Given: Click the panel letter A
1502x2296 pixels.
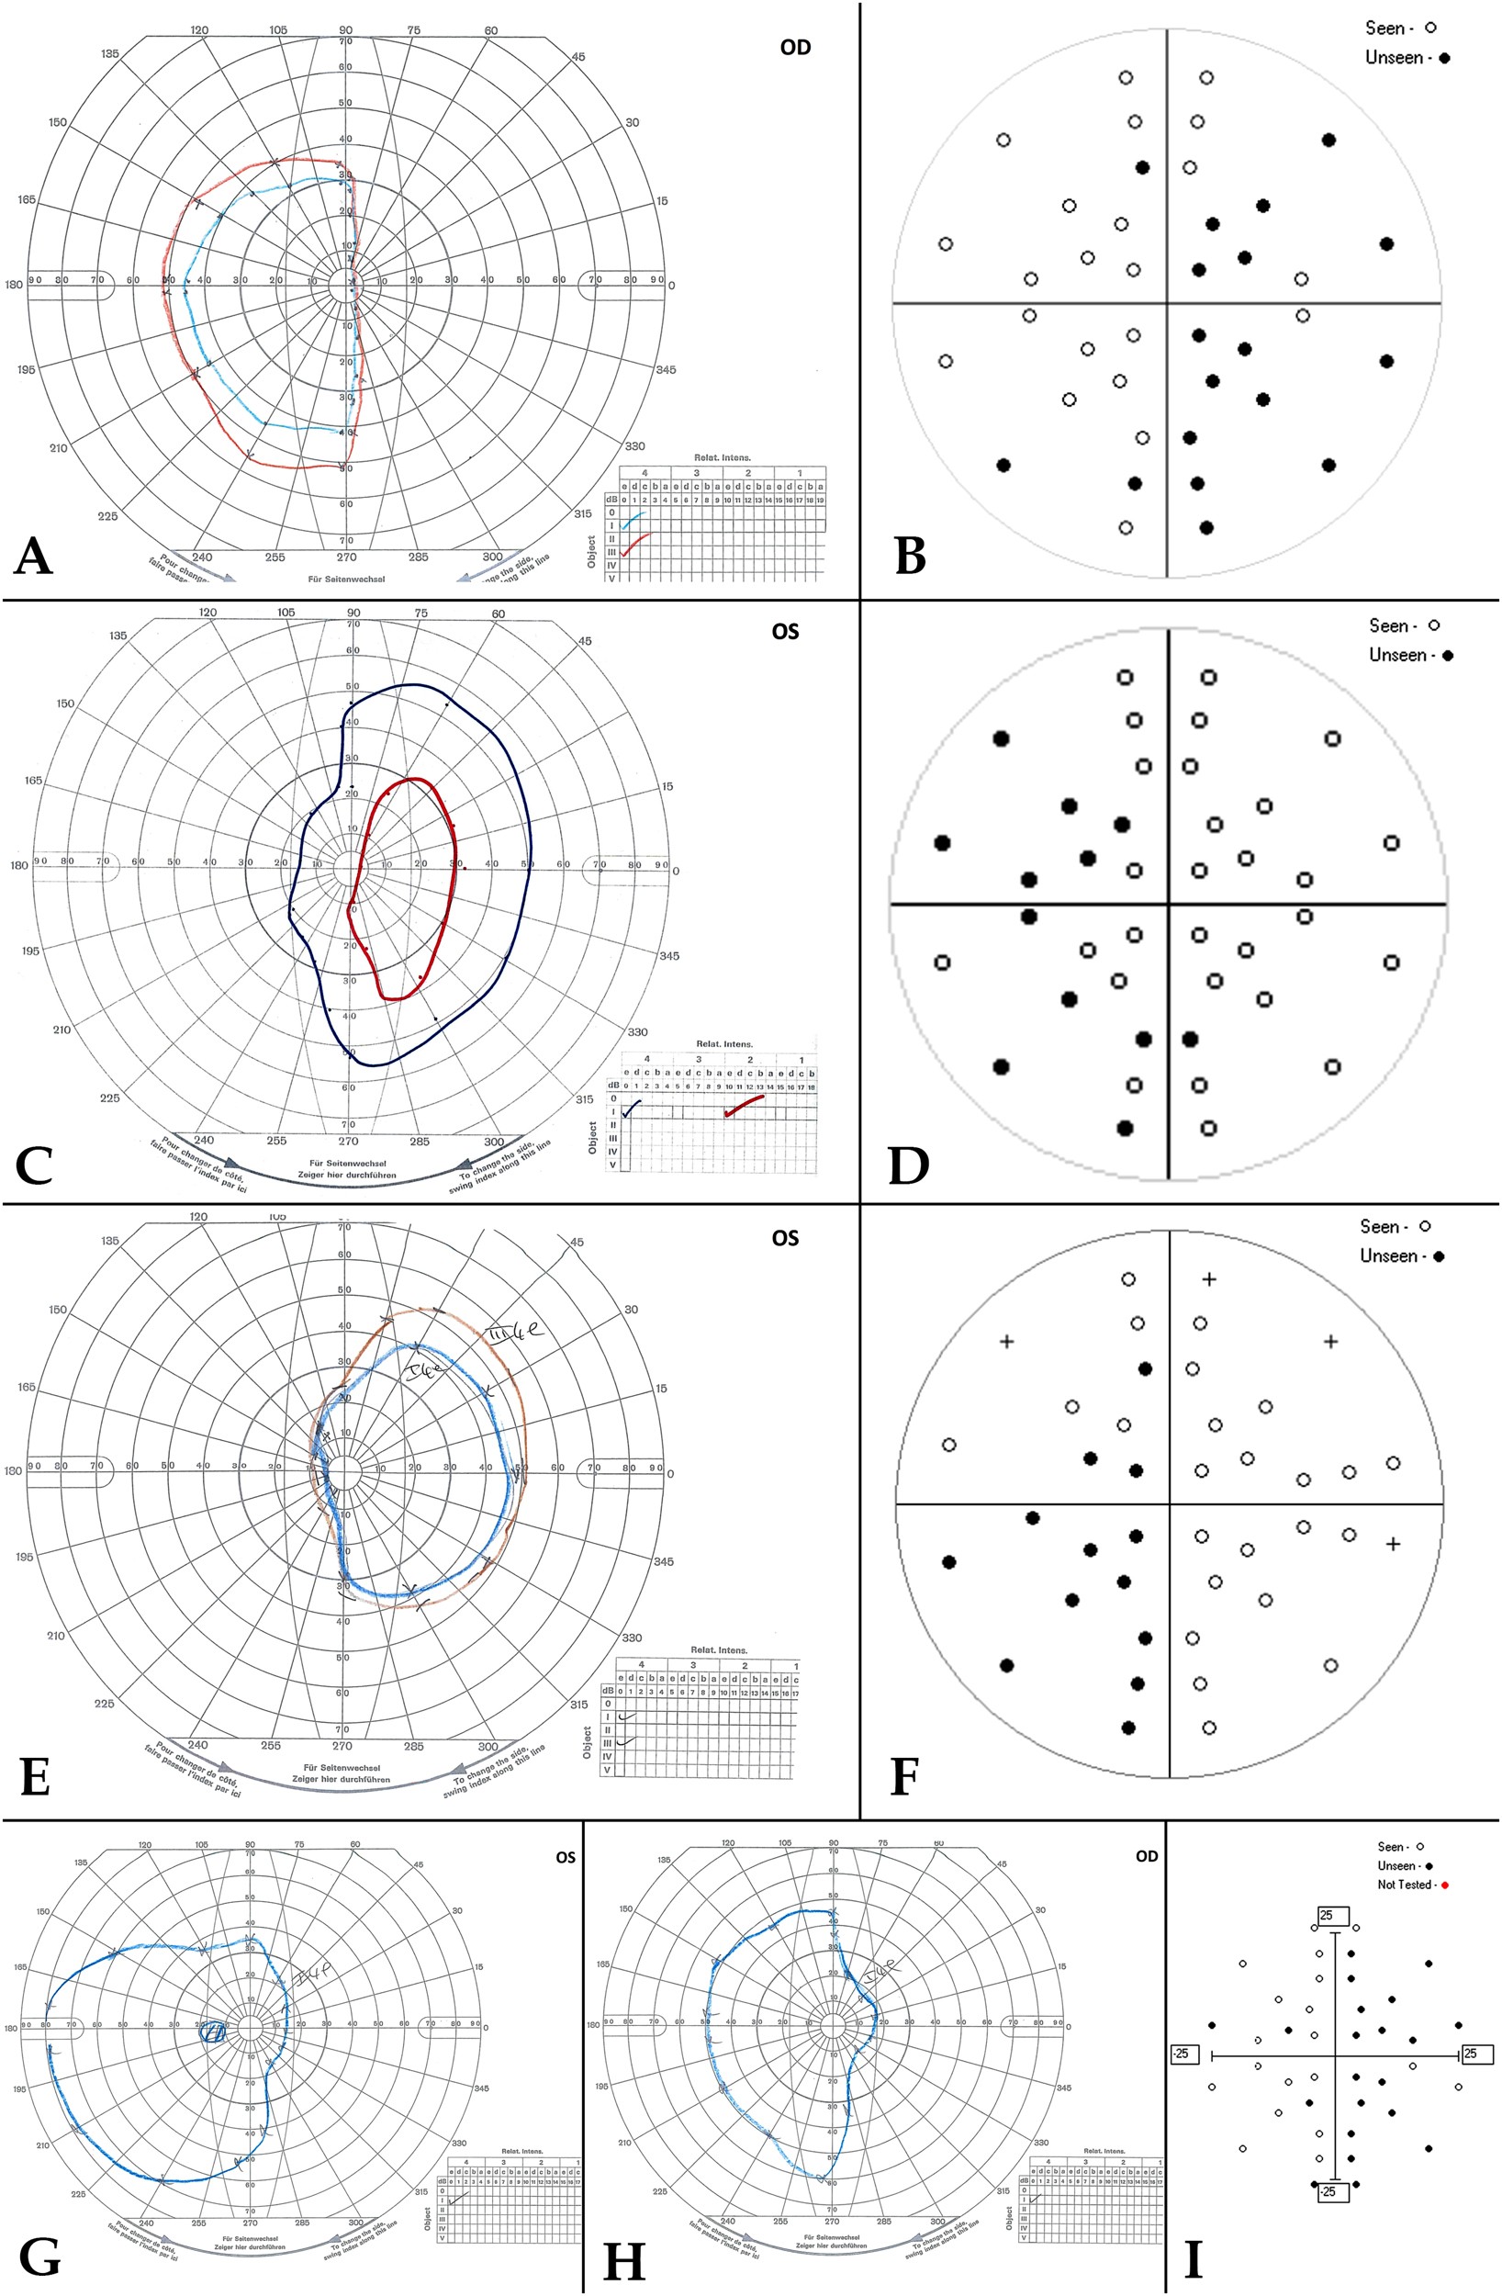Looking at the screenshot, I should point(34,556).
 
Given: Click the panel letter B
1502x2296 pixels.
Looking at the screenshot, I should point(911,556).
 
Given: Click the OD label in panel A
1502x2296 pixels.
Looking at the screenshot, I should point(796,47).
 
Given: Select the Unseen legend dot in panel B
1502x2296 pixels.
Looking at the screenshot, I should point(1444,58).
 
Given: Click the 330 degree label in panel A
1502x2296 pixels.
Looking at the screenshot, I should point(633,446).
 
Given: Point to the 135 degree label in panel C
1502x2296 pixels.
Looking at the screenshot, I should point(118,636).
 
